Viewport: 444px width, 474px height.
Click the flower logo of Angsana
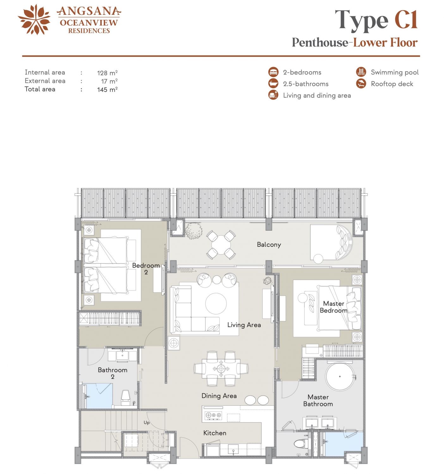click(x=34, y=19)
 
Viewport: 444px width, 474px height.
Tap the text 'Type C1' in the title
click(x=376, y=21)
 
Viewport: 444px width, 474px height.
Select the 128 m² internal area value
click(x=107, y=73)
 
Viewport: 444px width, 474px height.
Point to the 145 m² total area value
click(x=107, y=89)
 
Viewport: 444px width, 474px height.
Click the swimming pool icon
click(x=361, y=72)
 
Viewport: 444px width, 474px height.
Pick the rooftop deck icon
click(x=361, y=83)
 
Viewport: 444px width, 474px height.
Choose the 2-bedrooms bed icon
click(x=273, y=72)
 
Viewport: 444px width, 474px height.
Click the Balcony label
click(x=269, y=244)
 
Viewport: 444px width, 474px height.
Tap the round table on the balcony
click(x=221, y=245)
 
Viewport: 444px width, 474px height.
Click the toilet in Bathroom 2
click(x=126, y=397)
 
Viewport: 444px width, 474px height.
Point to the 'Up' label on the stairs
click(x=147, y=422)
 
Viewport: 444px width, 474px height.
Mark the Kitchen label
click(x=215, y=433)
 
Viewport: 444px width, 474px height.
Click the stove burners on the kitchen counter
click(x=213, y=415)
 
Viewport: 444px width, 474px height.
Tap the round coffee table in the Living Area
click(x=216, y=304)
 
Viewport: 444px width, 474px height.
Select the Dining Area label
click(x=219, y=396)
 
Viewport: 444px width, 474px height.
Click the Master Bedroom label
click(x=334, y=307)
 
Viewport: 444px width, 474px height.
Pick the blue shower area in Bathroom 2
click(x=99, y=396)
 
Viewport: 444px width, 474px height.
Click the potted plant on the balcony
click(x=194, y=231)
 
